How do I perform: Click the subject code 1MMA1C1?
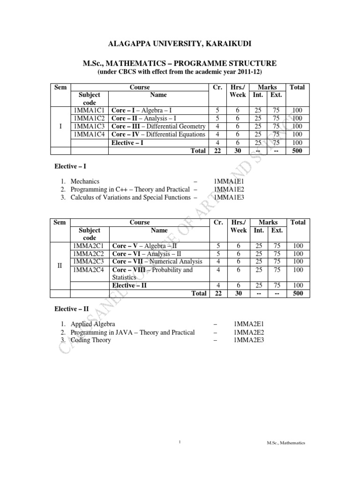click(x=89, y=111)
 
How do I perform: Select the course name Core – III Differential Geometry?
click(x=159, y=127)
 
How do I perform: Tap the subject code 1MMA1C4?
click(x=89, y=135)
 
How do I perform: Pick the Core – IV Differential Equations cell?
click(x=159, y=135)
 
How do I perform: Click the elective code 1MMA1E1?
click(x=230, y=181)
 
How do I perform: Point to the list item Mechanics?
click(x=85, y=181)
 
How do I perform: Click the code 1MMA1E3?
click(x=230, y=197)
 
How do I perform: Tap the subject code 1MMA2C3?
click(x=89, y=262)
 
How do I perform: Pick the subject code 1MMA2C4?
click(x=89, y=270)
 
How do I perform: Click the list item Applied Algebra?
click(x=93, y=324)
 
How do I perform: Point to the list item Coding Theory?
click(x=91, y=340)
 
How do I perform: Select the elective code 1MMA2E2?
click(x=249, y=332)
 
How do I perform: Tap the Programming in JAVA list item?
click(x=132, y=332)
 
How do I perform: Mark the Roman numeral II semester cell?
click(x=60, y=266)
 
